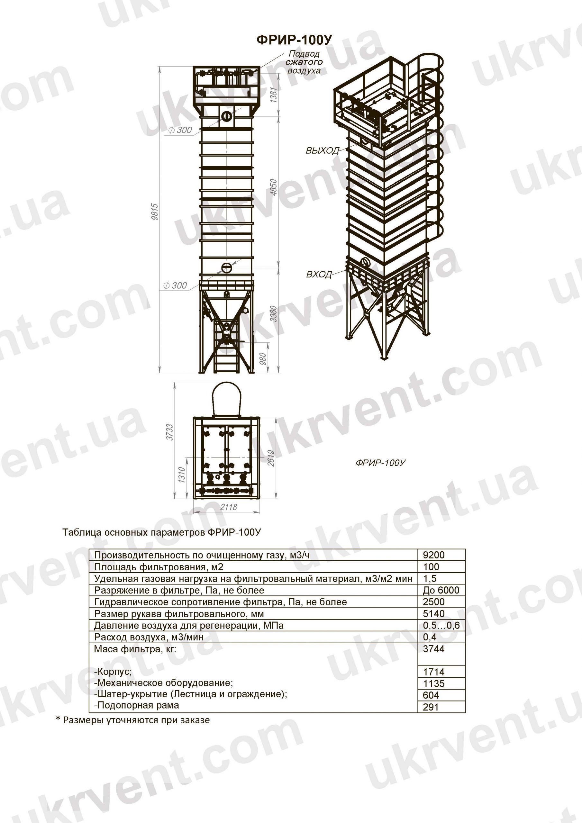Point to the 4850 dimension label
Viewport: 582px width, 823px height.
coord(274,187)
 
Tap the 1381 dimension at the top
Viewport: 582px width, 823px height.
coord(274,95)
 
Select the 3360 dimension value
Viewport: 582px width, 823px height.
coord(274,314)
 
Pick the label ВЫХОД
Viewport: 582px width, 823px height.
coord(322,150)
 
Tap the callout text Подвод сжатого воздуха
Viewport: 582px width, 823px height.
coord(305,62)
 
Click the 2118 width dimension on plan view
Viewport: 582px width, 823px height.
coord(228,507)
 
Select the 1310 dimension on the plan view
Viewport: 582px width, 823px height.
coord(182,475)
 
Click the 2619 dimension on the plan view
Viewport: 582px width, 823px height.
coord(271,458)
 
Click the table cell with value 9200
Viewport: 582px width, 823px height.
coord(433,555)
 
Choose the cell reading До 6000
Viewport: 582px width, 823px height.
coord(441,590)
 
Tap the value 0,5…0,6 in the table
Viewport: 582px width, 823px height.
coord(441,626)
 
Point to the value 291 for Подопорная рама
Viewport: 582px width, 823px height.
coord(430,707)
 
